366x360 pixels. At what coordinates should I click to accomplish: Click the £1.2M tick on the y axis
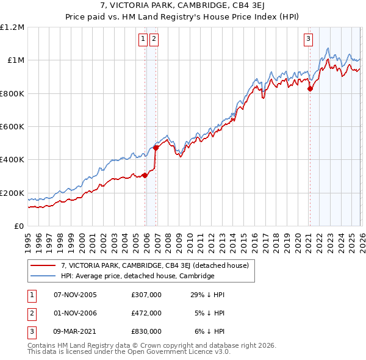point(13,27)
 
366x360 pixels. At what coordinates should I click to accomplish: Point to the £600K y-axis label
point(13,127)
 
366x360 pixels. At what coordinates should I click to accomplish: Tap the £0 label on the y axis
point(20,226)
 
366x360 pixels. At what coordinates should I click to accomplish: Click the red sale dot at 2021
point(309,89)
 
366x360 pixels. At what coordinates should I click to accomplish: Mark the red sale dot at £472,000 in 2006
point(156,148)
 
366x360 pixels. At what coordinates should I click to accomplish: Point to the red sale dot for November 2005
point(145,175)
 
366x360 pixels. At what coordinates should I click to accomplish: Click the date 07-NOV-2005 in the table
point(75,295)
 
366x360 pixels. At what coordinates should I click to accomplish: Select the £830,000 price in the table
point(146,331)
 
